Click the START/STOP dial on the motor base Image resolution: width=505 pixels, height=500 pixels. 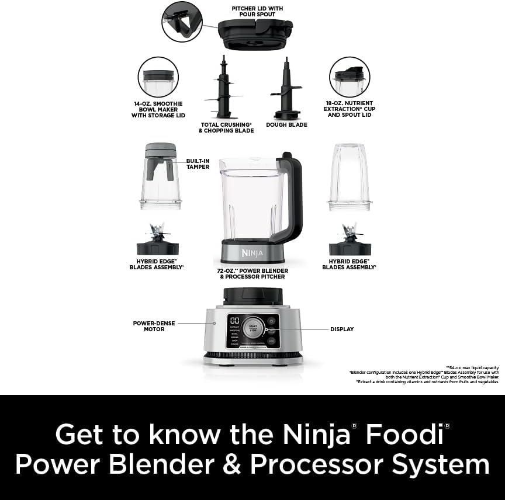(253, 327)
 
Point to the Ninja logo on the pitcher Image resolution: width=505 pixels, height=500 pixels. (252, 252)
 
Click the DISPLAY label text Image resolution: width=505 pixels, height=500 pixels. (342, 329)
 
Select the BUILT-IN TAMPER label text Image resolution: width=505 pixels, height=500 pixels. (198, 164)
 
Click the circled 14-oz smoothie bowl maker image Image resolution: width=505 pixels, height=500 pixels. (158, 77)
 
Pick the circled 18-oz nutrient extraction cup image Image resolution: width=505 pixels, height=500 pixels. (350, 77)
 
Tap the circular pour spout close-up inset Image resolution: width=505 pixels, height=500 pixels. (182, 22)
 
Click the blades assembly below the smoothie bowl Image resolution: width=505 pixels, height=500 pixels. (157, 241)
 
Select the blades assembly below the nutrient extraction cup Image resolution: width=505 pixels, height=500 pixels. (350, 241)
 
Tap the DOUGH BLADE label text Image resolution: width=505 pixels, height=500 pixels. (286, 124)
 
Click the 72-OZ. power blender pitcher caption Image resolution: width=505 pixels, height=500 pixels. (253, 273)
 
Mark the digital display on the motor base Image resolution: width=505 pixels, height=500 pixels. (234, 321)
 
